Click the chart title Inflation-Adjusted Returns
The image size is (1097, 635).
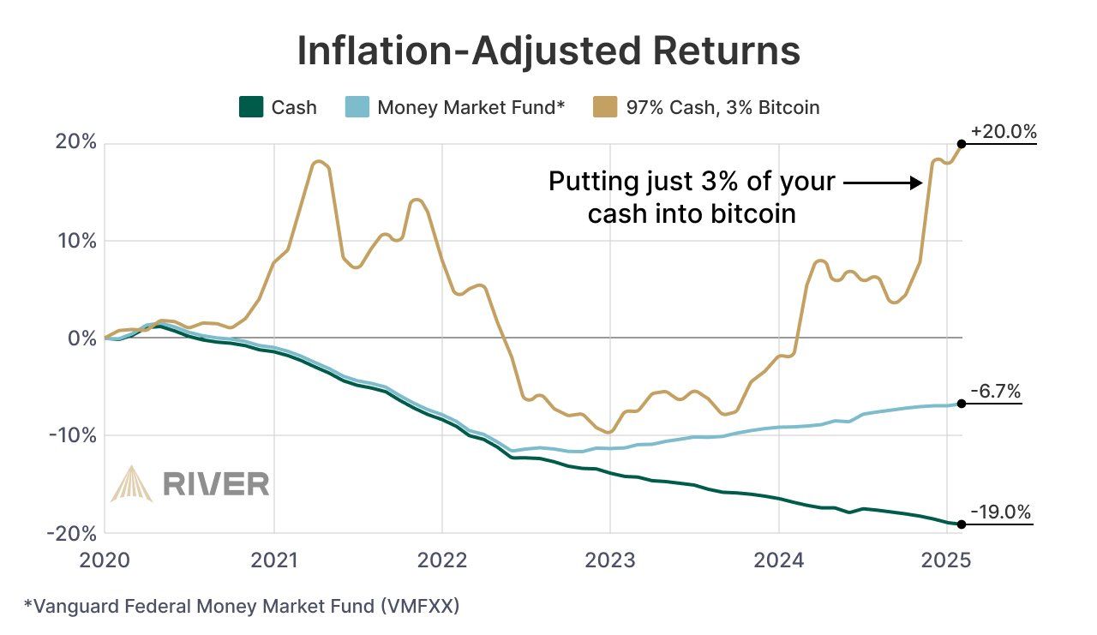pyautogui.click(x=548, y=51)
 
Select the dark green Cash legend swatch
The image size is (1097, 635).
pyautogui.click(x=249, y=107)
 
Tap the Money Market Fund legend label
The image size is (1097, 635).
pyautogui.click(x=471, y=107)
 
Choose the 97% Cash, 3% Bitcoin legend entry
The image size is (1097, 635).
pyautogui.click(x=705, y=107)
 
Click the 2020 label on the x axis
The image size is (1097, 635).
pyautogui.click(x=105, y=560)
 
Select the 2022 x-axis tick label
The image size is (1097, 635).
pyautogui.click(x=441, y=560)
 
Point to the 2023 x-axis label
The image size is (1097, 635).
pyautogui.click(x=610, y=560)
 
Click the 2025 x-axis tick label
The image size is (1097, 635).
pyautogui.click(x=946, y=560)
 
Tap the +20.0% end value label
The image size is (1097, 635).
pyautogui.click(x=1004, y=132)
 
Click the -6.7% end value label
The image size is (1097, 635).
pyautogui.click(x=995, y=392)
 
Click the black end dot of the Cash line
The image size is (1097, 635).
pyautogui.click(x=962, y=524)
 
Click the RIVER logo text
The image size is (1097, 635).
pyautogui.click(x=215, y=484)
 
